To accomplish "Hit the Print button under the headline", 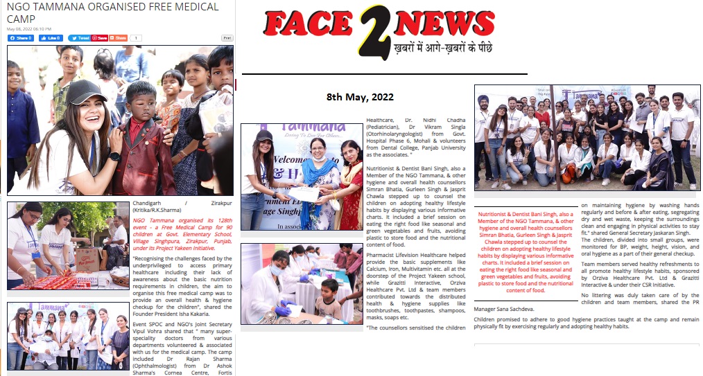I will coord(227,38).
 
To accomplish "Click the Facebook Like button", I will coord(51,38).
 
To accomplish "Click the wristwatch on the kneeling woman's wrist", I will coord(115,156).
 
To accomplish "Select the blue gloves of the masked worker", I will coord(283,311).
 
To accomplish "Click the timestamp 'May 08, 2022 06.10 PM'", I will coord(29,29).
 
